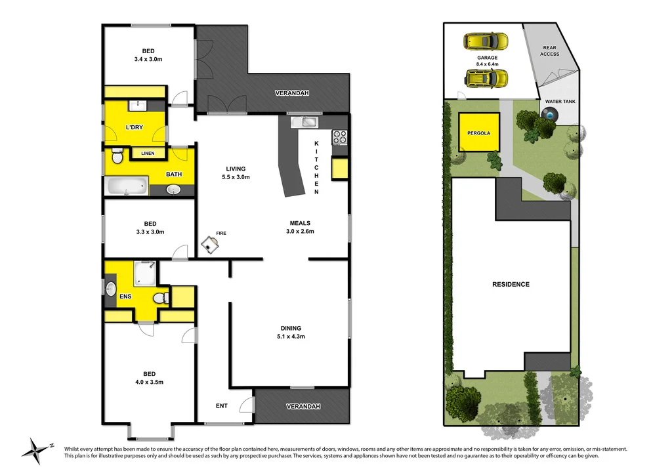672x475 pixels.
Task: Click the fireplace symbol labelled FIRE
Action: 211,243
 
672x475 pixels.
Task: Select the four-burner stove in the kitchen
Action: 340,137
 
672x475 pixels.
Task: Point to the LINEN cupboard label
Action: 148,153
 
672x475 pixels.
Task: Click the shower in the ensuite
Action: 146,274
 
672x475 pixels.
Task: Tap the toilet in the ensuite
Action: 159,298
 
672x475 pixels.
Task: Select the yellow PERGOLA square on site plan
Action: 478,133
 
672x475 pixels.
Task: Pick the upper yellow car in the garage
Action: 486,42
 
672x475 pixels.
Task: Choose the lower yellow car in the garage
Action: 486,79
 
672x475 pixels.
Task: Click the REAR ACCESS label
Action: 549,51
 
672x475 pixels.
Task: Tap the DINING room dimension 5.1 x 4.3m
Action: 291,337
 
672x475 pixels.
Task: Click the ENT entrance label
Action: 222,405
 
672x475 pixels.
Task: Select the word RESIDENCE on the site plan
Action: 511,284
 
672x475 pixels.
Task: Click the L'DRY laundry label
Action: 135,127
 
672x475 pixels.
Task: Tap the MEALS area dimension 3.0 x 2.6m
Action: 300,231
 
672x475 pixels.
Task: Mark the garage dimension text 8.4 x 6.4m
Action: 487,64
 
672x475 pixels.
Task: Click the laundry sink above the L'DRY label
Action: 138,105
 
